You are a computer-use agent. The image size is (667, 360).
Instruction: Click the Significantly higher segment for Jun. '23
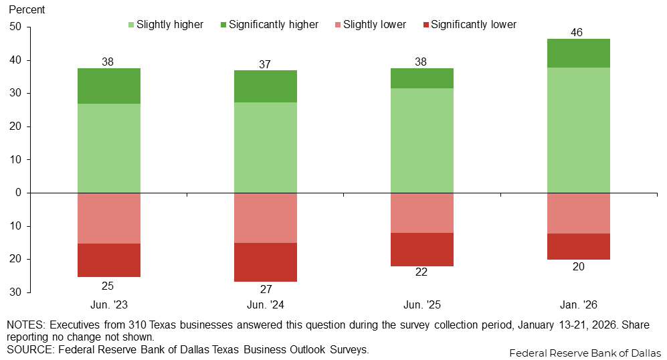coord(108,86)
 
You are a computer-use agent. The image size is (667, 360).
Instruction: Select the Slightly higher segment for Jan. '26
coord(578,130)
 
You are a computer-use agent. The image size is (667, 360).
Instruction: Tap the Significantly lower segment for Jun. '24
coord(265,262)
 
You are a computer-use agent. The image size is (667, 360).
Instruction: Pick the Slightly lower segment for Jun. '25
coord(421,213)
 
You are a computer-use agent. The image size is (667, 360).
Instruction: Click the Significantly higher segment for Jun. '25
coord(421,78)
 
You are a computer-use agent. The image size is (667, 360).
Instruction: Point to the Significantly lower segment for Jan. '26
coord(578,246)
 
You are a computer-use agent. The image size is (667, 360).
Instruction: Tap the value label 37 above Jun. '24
coord(265,64)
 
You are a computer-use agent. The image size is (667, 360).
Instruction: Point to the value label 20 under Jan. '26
coord(578,267)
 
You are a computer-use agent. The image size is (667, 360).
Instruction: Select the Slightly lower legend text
coord(374,25)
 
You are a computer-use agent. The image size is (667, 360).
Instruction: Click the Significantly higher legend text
coord(274,25)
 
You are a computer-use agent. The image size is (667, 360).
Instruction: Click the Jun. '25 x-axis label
coord(421,304)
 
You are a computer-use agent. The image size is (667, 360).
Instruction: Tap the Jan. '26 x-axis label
coord(578,304)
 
